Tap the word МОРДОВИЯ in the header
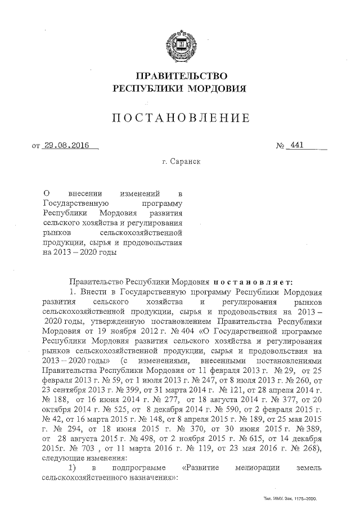click(x=216, y=88)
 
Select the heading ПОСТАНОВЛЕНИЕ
click(x=180, y=118)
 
